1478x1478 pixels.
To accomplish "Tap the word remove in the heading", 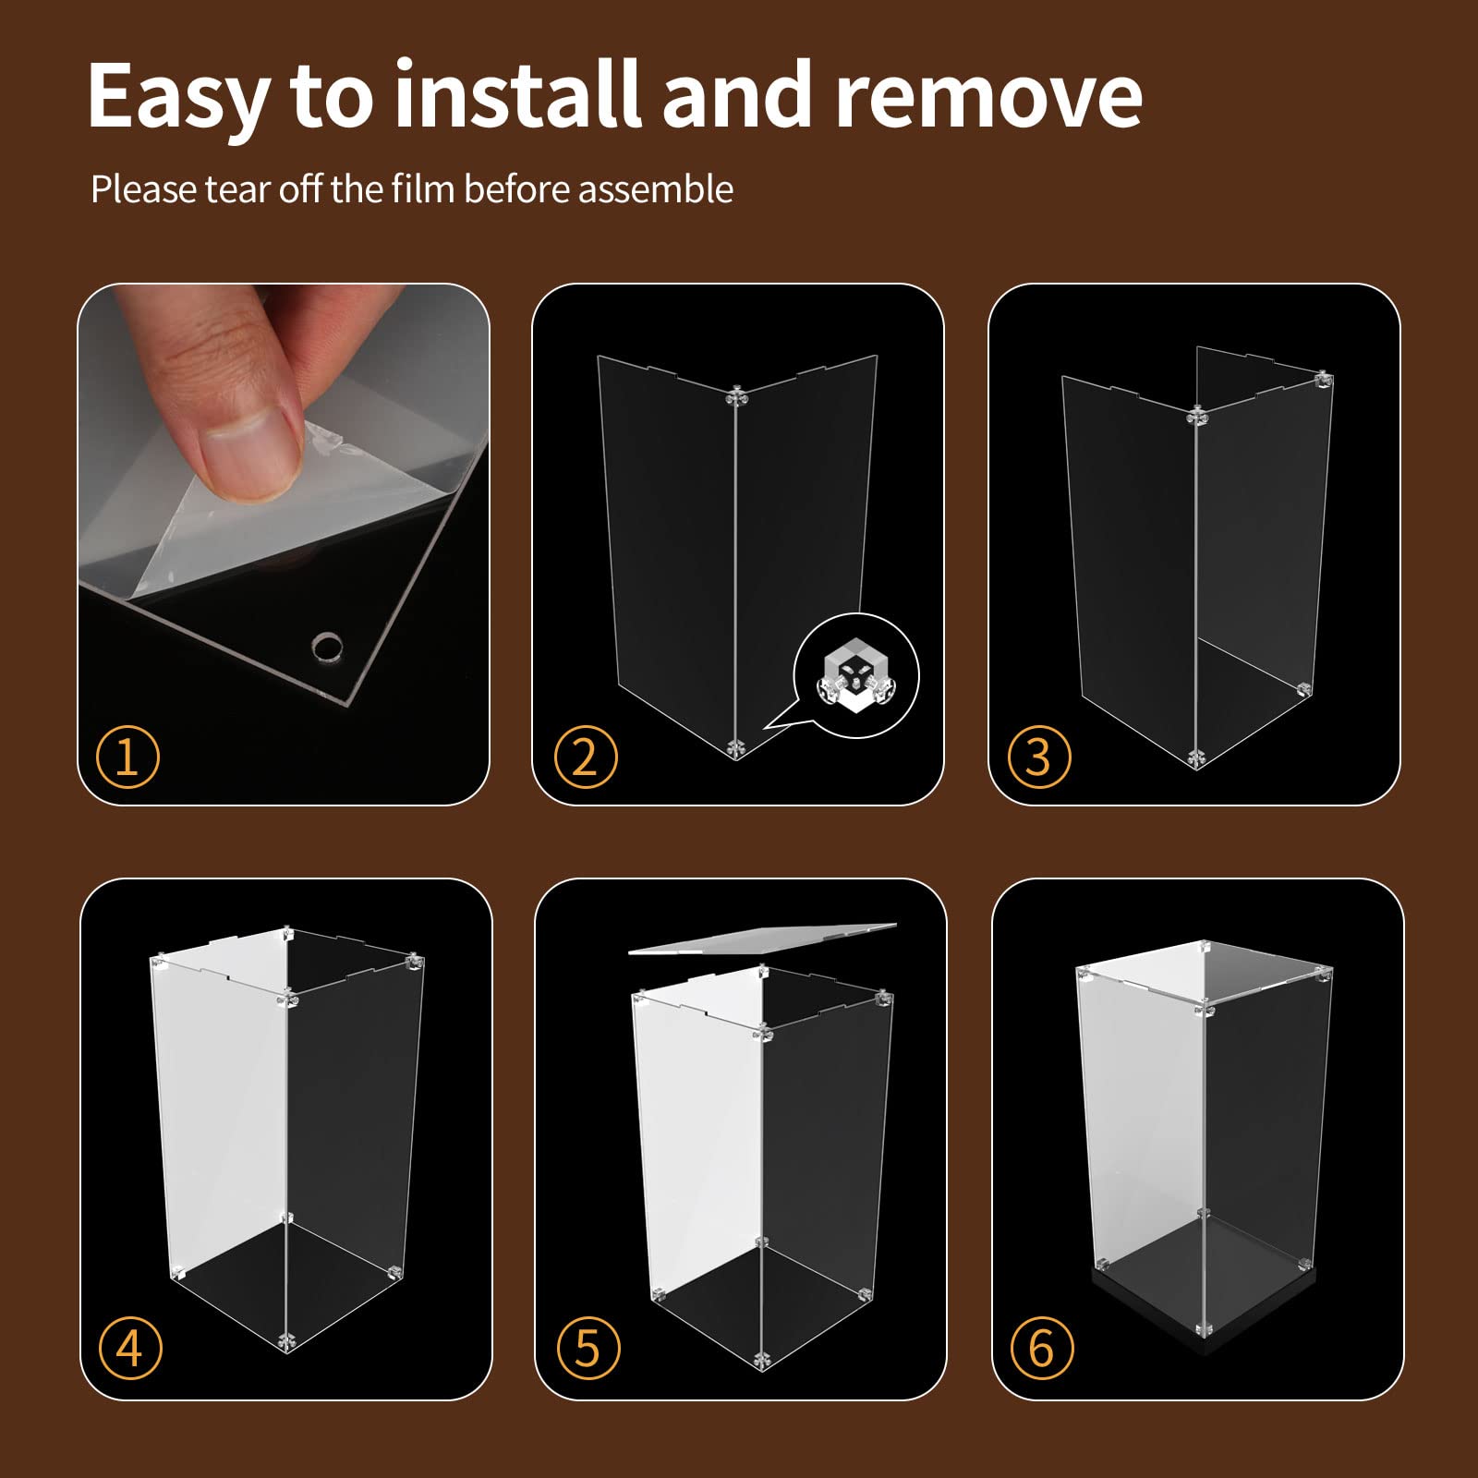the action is pyautogui.click(x=989, y=95).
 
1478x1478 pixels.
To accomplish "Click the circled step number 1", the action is pyautogui.click(x=127, y=757).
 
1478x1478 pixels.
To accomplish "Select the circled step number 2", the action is pyautogui.click(x=586, y=757).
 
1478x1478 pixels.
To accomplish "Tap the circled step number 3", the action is pyautogui.click(x=1039, y=757).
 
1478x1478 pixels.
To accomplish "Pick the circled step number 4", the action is pyautogui.click(x=129, y=1348).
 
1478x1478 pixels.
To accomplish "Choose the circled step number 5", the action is pyautogui.click(x=588, y=1348).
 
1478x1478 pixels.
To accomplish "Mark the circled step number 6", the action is pyautogui.click(x=1041, y=1348).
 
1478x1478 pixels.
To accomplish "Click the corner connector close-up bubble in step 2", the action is pyautogui.click(x=856, y=675).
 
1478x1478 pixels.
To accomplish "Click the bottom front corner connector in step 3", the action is pyautogui.click(x=1196, y=758).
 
